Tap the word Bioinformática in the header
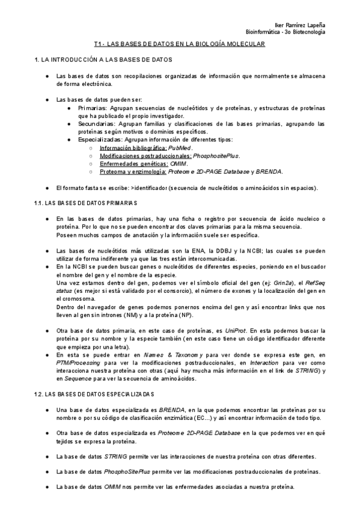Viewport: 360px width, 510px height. click(265, 31)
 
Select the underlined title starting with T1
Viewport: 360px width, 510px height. click(180, 45)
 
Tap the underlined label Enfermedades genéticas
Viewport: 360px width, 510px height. click(133, 163)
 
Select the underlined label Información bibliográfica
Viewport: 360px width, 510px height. click(133, 147)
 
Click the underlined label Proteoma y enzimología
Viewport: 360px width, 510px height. click(133, 171)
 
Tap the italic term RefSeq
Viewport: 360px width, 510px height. click(315, 283)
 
